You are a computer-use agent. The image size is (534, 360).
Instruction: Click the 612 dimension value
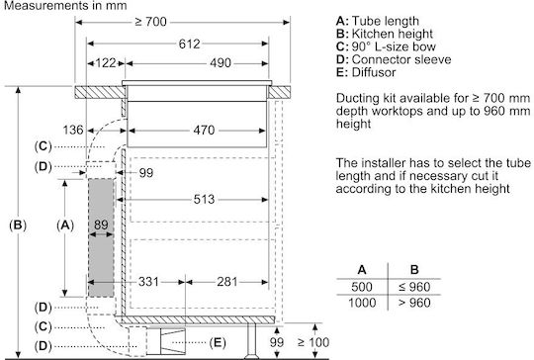(189, 44)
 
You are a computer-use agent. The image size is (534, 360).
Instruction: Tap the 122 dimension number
(106, 63)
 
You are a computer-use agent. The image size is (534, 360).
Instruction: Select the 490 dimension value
(221, 63)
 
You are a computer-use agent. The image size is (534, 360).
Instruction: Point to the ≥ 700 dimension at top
(151, 22)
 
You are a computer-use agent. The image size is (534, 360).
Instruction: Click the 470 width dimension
(204, 131)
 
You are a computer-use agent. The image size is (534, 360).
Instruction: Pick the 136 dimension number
(73, 130)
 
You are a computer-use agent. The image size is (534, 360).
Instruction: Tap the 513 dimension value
(204, 199)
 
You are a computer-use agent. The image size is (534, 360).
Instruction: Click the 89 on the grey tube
(101, 225)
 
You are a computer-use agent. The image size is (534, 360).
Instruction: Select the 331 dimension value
(148, 282)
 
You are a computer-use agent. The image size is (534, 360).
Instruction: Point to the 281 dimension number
(226, 282)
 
